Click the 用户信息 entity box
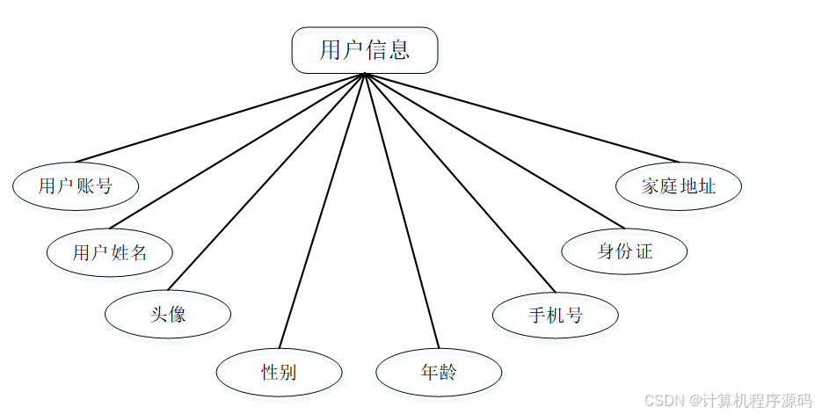(x=364, y=50)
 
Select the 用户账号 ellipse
(x=76, y=185)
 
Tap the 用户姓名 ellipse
(x=109, y=253)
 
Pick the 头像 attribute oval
(x=167, y=314)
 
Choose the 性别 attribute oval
(x=279, y=372)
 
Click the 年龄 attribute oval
(x=438, y=372)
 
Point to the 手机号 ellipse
(x=555, y=315)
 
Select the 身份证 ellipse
(x=624, y=251)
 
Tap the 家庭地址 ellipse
(x=678, y=186)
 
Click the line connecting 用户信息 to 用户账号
(x=220, y=118)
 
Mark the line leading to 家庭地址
(x=521, y=118)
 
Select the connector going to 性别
(x=322, y=211)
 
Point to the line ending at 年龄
(x=400, y=211)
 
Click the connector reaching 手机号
(x=460, y=183)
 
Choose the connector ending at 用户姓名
(x=236, y=151)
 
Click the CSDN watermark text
(x=727, y=400)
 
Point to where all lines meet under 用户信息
(x=364, y=75)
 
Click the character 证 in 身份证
(x=644, y=251)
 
